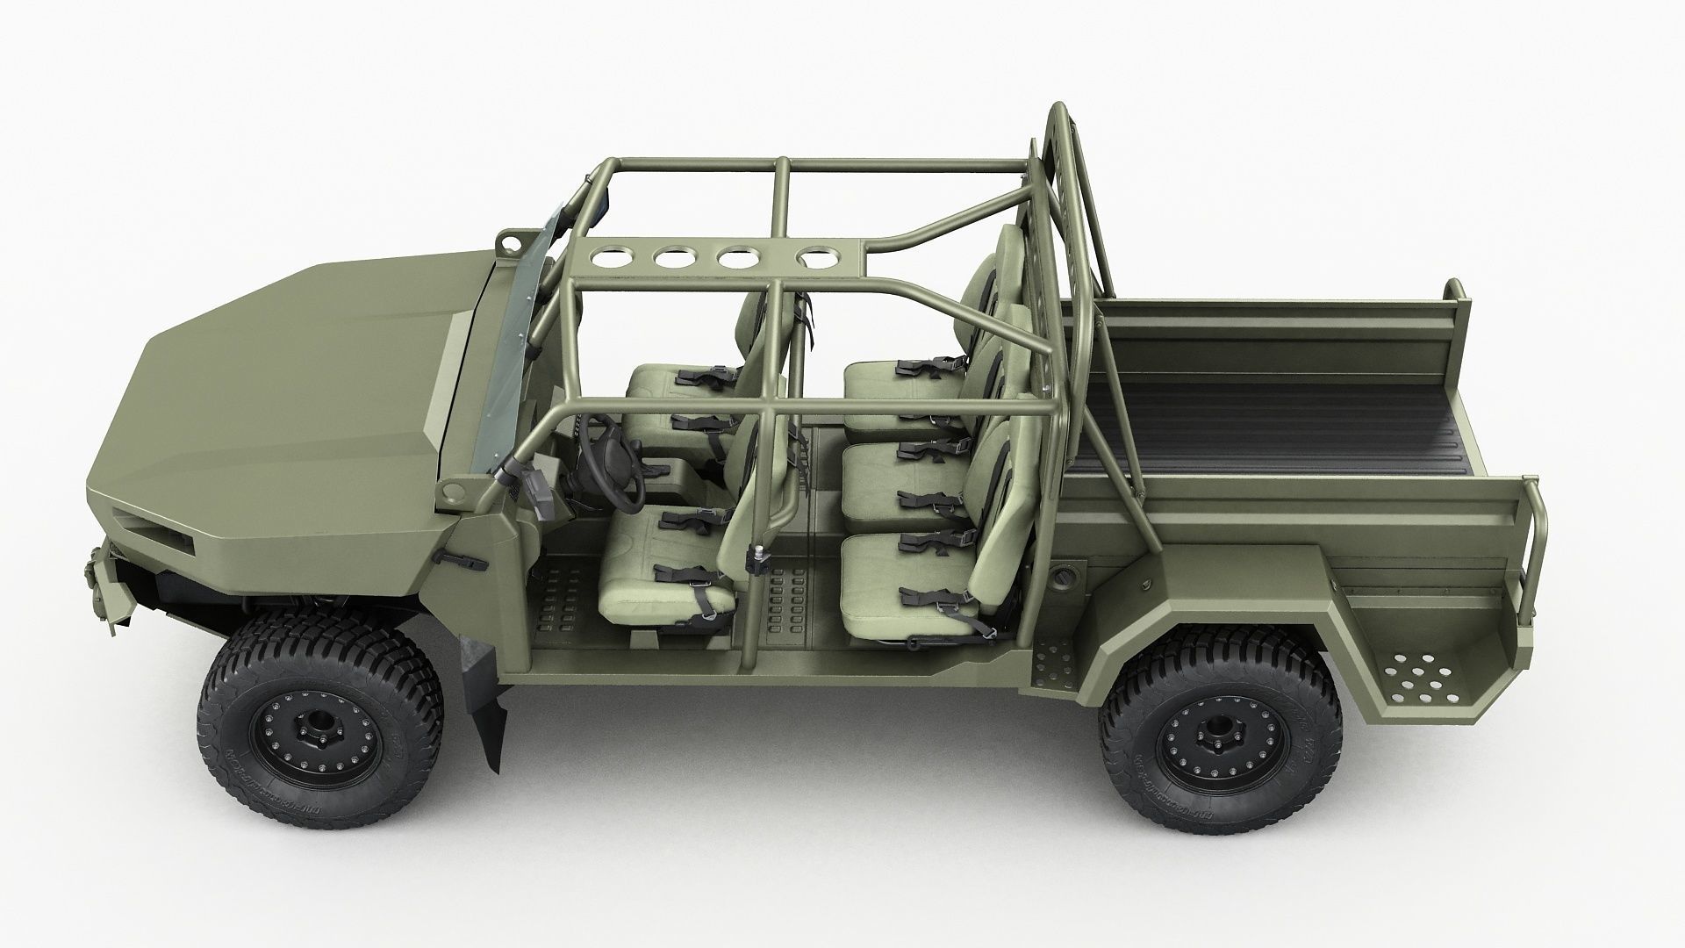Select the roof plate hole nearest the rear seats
[x=820, y=258]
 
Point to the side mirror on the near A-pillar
[x=537, y=492]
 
